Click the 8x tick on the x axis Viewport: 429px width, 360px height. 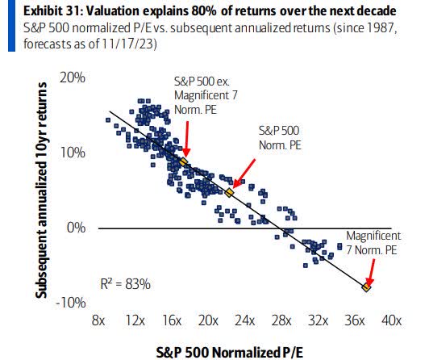(x=99, y=320)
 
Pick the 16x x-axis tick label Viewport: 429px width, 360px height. (x=172, y=320)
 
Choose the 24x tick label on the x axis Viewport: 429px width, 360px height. (x=245, y=320)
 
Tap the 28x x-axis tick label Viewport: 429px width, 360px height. (x=282, y=320)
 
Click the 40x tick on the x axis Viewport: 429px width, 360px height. (x=392, y=320)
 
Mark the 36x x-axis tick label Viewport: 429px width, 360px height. (x=355, y=320)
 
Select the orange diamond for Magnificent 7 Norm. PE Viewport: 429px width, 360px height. (x=367, y=287)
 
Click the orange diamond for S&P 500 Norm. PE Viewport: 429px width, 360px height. (x=230, y=193)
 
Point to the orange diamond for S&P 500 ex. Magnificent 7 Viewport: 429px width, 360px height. (x=183, y=162)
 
